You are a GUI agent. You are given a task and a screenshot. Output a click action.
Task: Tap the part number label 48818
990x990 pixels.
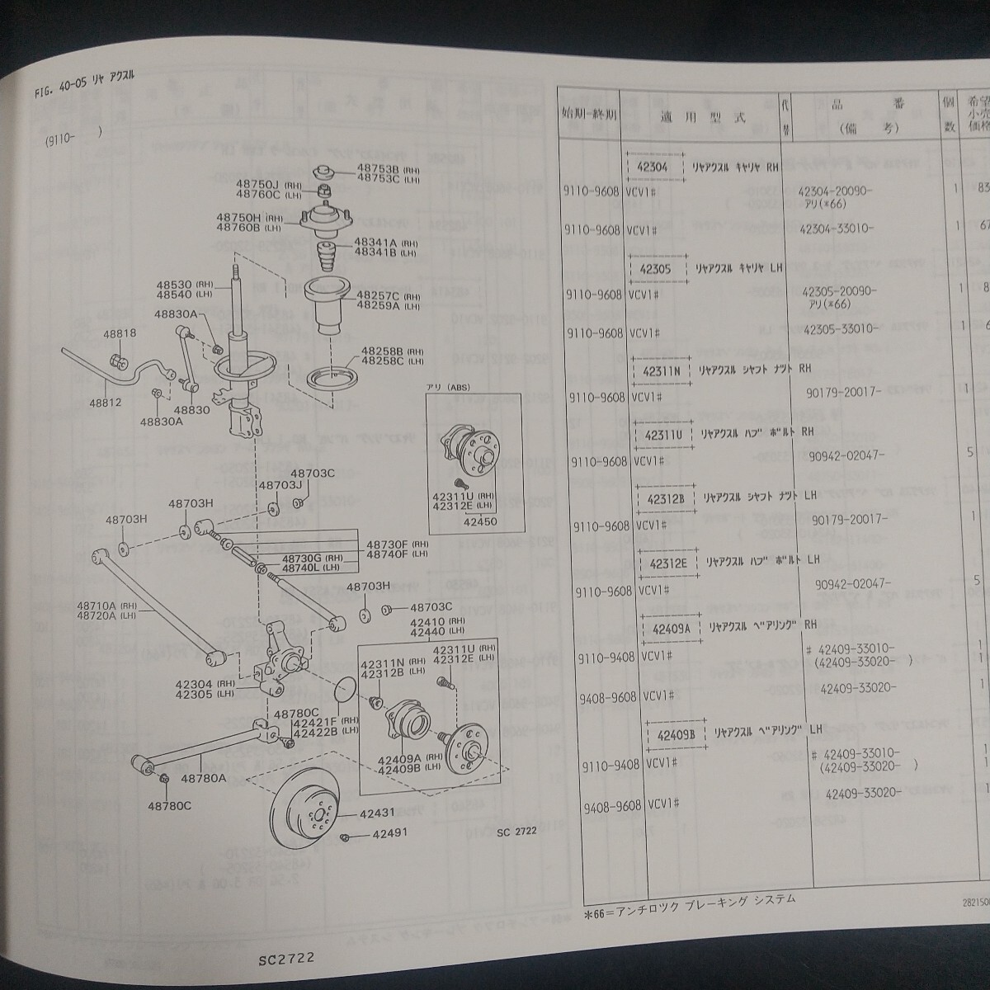[120, 333]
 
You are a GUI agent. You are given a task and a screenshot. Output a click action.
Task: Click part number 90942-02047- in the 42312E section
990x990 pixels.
[849, 583]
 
